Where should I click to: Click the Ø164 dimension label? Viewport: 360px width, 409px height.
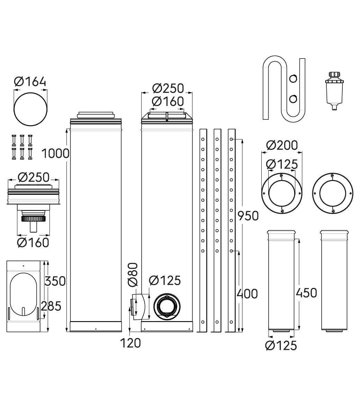(30, 81)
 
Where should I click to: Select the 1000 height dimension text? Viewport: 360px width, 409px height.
(55, 153)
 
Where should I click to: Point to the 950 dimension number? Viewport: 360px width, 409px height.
(248, 216)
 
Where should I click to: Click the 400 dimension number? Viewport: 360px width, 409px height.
(247, 294)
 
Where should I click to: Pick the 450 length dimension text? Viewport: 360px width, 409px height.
(306, 293)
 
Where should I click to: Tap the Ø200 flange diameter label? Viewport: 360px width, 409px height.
(282, 145)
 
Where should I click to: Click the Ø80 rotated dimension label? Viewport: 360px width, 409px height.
(133, 274)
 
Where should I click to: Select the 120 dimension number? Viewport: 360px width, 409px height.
(130, 343)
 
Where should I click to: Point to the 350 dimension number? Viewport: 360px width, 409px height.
(55, 281)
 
